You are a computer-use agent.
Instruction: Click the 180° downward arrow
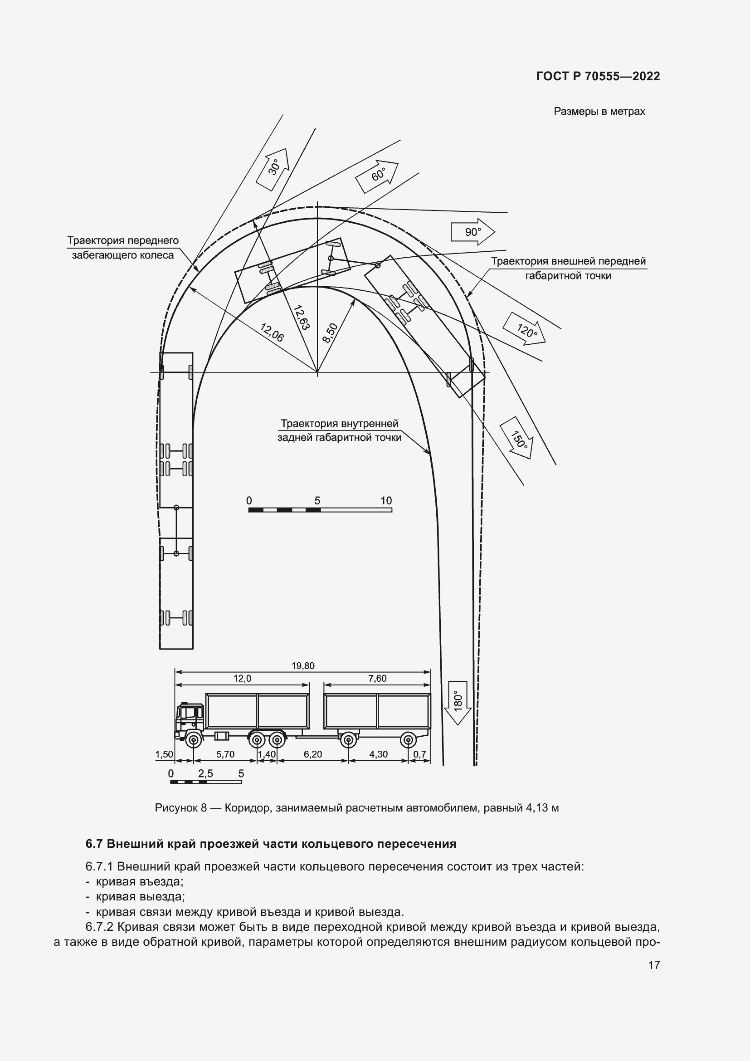[457, 702]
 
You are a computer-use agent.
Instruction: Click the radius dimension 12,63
[301, 318]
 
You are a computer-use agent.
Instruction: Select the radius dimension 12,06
[272, 332]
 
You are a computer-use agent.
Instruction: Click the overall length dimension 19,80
[302, 666]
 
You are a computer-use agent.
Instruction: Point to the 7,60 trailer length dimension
[377, 678]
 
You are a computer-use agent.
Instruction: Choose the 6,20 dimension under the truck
[313, 754]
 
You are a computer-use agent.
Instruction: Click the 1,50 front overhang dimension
[164, 754]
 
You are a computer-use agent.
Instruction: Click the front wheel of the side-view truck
[193, 740]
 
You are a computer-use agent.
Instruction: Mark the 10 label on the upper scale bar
[386, 500]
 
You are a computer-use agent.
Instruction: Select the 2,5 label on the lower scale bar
[205, 773]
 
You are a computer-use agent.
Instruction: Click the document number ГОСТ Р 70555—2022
[598, 76]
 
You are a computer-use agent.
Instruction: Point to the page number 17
[654, 965]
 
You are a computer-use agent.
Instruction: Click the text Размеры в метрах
[599, 112]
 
